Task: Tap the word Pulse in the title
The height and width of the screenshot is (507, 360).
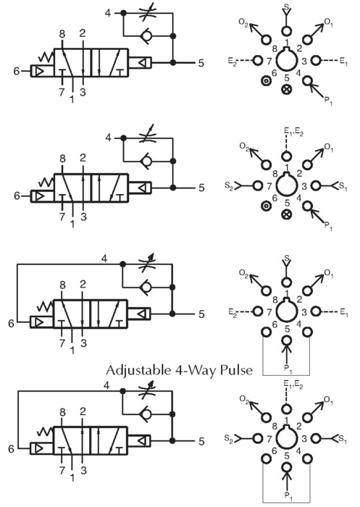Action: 236,370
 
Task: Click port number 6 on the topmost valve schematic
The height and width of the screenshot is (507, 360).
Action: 17,71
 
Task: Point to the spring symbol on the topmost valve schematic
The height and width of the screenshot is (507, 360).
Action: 46,56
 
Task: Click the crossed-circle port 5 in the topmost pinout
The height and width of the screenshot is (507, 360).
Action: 287,89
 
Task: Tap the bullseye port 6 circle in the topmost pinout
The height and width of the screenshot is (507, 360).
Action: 266,81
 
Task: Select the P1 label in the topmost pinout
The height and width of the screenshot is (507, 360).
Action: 328,101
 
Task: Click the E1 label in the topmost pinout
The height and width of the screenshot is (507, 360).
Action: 343,61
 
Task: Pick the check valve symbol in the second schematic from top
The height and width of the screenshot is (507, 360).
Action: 146,160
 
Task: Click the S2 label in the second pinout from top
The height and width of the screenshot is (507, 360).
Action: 229,187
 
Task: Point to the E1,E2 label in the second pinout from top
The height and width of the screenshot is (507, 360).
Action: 293,132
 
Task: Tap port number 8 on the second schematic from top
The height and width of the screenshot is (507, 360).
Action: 62,159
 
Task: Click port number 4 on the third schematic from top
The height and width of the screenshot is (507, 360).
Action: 104,259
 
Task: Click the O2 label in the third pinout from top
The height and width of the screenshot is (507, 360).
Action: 243,274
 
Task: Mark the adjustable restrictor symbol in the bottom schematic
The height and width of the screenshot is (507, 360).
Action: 147,390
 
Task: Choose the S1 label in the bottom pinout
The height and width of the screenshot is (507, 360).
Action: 343,440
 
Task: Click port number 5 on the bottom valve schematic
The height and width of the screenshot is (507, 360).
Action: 201,441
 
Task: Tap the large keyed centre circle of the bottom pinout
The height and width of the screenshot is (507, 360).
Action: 287,438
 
